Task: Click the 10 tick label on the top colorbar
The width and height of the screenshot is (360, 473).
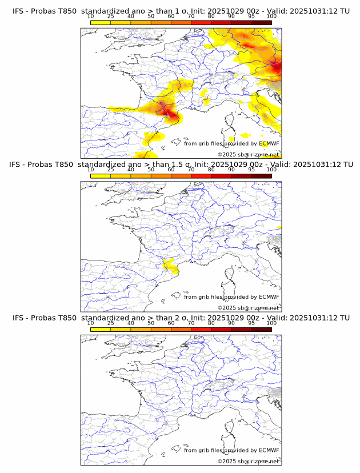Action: click(90, 17)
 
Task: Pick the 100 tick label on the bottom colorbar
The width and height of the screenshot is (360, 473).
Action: click(271, 323)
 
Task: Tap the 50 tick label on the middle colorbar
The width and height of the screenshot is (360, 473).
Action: click(151, 170)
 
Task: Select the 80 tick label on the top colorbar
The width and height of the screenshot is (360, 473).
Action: click(211, 17)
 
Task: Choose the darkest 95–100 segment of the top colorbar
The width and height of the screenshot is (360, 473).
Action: click(261, 22)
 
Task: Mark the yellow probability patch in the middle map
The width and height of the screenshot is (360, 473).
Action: click(169, 265)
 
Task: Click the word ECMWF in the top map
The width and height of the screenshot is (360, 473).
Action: click(269, 144)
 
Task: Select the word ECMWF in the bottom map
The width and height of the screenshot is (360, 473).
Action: click(269, 450)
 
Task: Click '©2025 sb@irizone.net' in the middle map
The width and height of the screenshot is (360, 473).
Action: click(248, 308)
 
